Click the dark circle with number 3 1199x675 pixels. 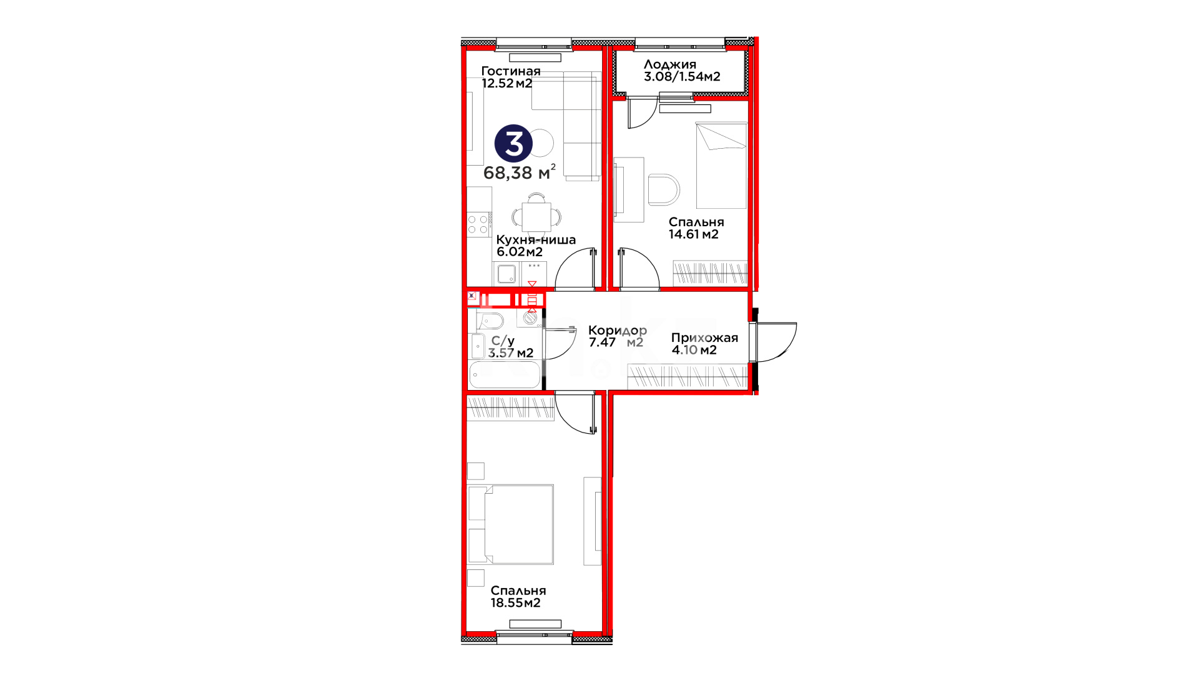pyautogui.click(x=513, y=144)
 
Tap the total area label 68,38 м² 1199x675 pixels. pyautogui.click(x=520, y=172)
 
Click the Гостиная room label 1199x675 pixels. pyautogui.click(x=511, y=71)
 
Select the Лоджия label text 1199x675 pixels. pyautogui.click(x=670, y=64)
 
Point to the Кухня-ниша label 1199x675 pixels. pyautogui.click(x=536, y=240)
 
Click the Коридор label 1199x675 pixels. pyautogui.click(x=618, y=331)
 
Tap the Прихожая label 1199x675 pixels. pyautogui.click(x=704, y=338)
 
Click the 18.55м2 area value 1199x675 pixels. pyautogui.click(x=516, y=603)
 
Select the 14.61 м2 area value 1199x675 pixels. pyautogui.click(x=694, y=234)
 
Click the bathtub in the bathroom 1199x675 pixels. pyautogui.click(x=505, y=374)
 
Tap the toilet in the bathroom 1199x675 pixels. pyautogui.click(x=490, y=321)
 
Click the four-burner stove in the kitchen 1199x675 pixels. pyautogui.click(x=478, y=225)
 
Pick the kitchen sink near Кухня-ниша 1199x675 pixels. pyautogui.click(x=506, y=274)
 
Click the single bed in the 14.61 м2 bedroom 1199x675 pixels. pyautogui.click(x=721, y=166)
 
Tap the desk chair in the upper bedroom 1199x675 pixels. pyautogui.click(x=663, y=189)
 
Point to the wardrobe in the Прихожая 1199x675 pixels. pyautogui.click(x=687, y=377)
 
